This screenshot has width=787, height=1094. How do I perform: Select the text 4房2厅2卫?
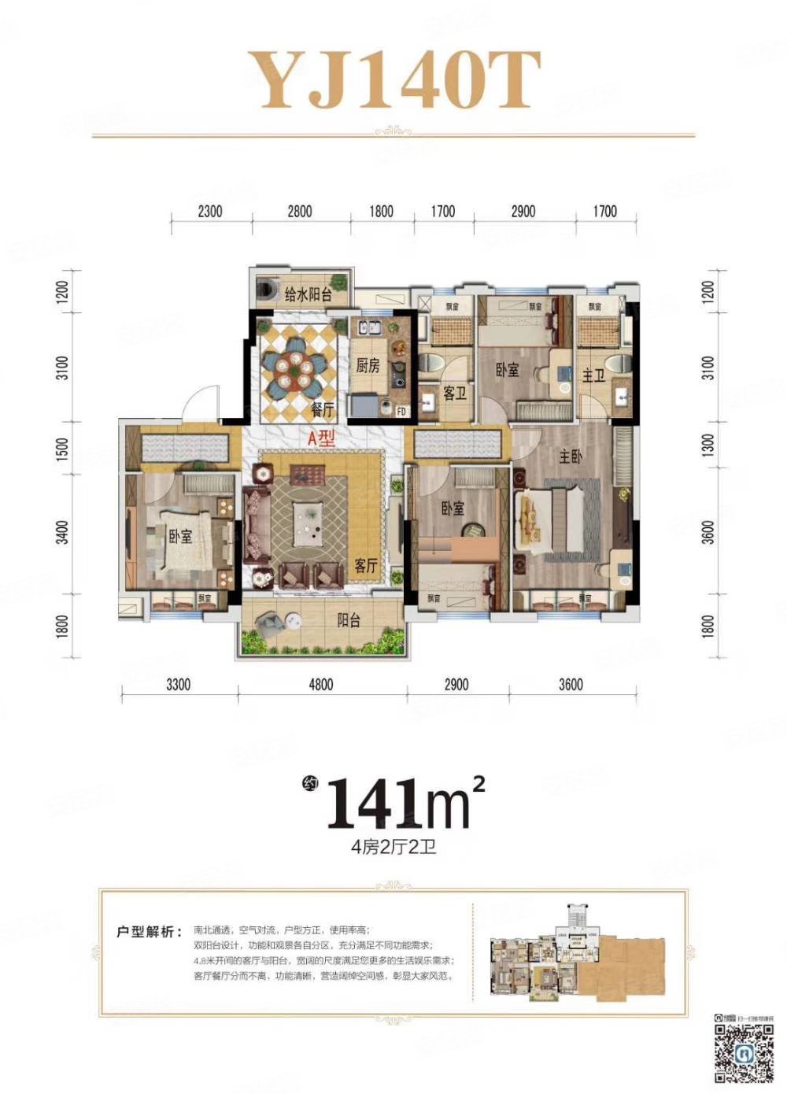(x=393, y=848)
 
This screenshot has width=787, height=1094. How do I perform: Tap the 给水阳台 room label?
(x=308, y=296)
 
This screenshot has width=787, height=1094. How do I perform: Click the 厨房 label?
(x=368, y=365)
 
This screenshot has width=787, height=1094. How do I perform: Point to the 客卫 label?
(x=455, y=393)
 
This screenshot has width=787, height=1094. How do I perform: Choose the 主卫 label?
(x=593, y=375)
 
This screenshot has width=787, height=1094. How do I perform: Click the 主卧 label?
(x=571, y=456)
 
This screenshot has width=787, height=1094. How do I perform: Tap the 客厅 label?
(x=366, y=566)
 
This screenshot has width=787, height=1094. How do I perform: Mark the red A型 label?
(x=321, y=438)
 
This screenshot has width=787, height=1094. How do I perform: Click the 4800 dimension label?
(x=321, y=685)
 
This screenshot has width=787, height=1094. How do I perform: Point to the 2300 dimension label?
(x=210, y=211)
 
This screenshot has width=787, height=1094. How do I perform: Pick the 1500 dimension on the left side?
(x=63, y=449)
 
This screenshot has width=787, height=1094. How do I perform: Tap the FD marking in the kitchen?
(x=401, y=411)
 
